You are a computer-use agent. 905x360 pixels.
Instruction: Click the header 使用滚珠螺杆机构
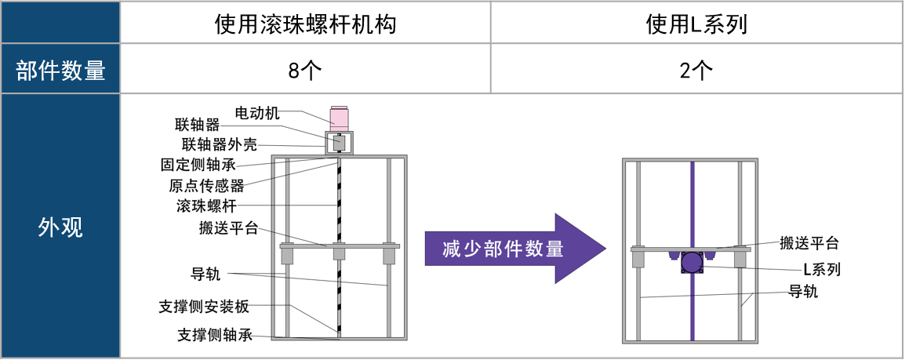pyautogui.click(x=305, y=24)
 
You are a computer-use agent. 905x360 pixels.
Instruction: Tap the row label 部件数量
pyautogui.click(x=60, y=71)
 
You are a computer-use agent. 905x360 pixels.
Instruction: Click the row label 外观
pyautogui.click(x=60, y=227)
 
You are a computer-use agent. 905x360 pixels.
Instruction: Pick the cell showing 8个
pyautogui.click(x=305, y=71)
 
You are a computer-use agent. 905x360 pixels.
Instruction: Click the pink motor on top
pyautogui.click(x=340, y=116)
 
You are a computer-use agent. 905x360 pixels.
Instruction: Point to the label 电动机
pyautogui.click(x=257, y=113)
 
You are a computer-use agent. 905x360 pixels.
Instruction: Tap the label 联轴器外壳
pyautogui.click(x=219, y=145)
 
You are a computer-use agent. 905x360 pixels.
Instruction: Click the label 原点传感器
pyautogui.click(x=206, y=186)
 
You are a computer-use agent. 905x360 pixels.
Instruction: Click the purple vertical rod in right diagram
pyautogui.click(x=691, y=204)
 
